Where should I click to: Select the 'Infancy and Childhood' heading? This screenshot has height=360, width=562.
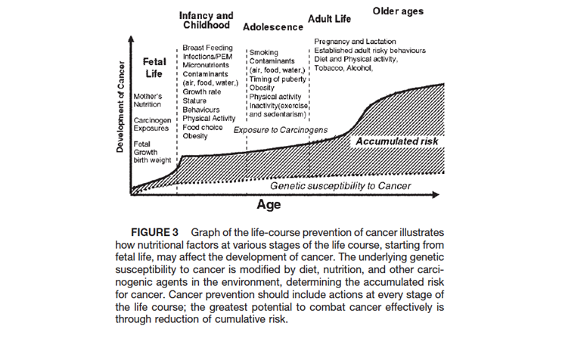[x=205, y=20]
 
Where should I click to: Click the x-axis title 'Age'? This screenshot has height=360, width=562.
[x=269, y=204]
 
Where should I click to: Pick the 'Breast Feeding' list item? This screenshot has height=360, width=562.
[x=208, y=48]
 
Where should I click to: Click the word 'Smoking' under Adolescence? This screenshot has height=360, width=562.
[x=264, y=52]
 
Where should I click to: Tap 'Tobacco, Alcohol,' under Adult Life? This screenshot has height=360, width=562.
[x=343, y=68]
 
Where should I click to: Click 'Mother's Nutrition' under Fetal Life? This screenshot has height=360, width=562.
[x=148, y=101]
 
